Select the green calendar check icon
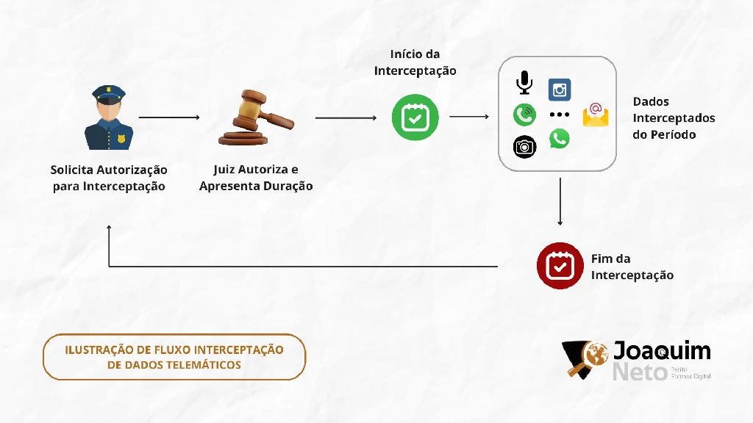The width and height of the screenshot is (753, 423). click(x=415, y=117)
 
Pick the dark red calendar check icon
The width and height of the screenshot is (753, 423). click(x=560, y=266)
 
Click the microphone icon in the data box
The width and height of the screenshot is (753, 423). click(x=524, y=83)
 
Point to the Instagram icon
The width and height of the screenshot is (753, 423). click(x=560, y=90)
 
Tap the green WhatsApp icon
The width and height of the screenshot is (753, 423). click(x=560, y=139)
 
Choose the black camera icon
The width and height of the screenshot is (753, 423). click(x=524, y=147)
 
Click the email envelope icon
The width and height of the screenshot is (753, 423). click(x=596, y=115)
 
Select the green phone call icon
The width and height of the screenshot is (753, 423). click(x=524, y=115)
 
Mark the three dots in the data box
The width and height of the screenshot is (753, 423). click(x=560, y=115)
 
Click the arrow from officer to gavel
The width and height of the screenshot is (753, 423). click(x=169, y=117)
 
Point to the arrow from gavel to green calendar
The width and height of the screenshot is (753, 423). click(x=346, y=117)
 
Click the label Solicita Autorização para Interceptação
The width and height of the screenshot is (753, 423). click(x=109, y=178)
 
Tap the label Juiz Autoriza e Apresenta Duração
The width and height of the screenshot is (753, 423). click(x=256, y=178)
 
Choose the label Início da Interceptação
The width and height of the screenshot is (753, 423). click(x=415, y=62)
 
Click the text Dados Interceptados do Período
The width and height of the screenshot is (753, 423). click(x=674, y=118)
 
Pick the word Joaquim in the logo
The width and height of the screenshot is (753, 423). click(x=662, y=350)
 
